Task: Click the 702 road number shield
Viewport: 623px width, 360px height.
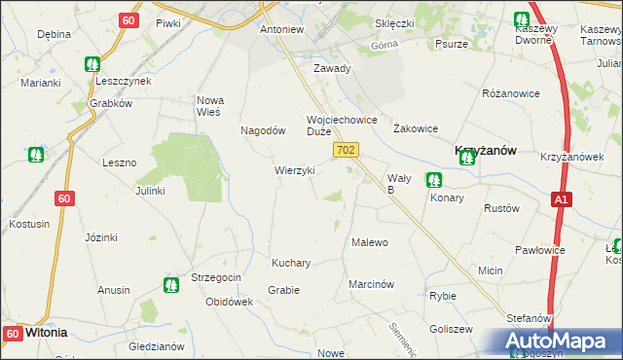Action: click(348, 150)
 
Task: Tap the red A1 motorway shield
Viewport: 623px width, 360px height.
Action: click(560, 198)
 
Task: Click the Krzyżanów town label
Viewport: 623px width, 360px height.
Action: click(486, 151)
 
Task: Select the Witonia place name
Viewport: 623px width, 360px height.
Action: click(46, 332)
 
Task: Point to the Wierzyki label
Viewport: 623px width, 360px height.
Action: click(294, 170)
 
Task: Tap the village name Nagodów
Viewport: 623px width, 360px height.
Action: click(263, 130)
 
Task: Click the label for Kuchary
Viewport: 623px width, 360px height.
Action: click(291, 263)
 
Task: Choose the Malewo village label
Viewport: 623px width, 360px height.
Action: click(370, 242)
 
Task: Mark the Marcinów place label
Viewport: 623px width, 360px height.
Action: click(371, 284)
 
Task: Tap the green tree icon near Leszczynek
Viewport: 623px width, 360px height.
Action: click(92, 65)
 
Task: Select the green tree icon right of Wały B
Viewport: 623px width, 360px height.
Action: click(433, 179)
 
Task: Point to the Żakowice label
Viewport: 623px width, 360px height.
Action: click(416, 128)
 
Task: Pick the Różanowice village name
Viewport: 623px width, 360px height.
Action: click(510, 93)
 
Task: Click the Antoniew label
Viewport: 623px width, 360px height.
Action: click(282, 29)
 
